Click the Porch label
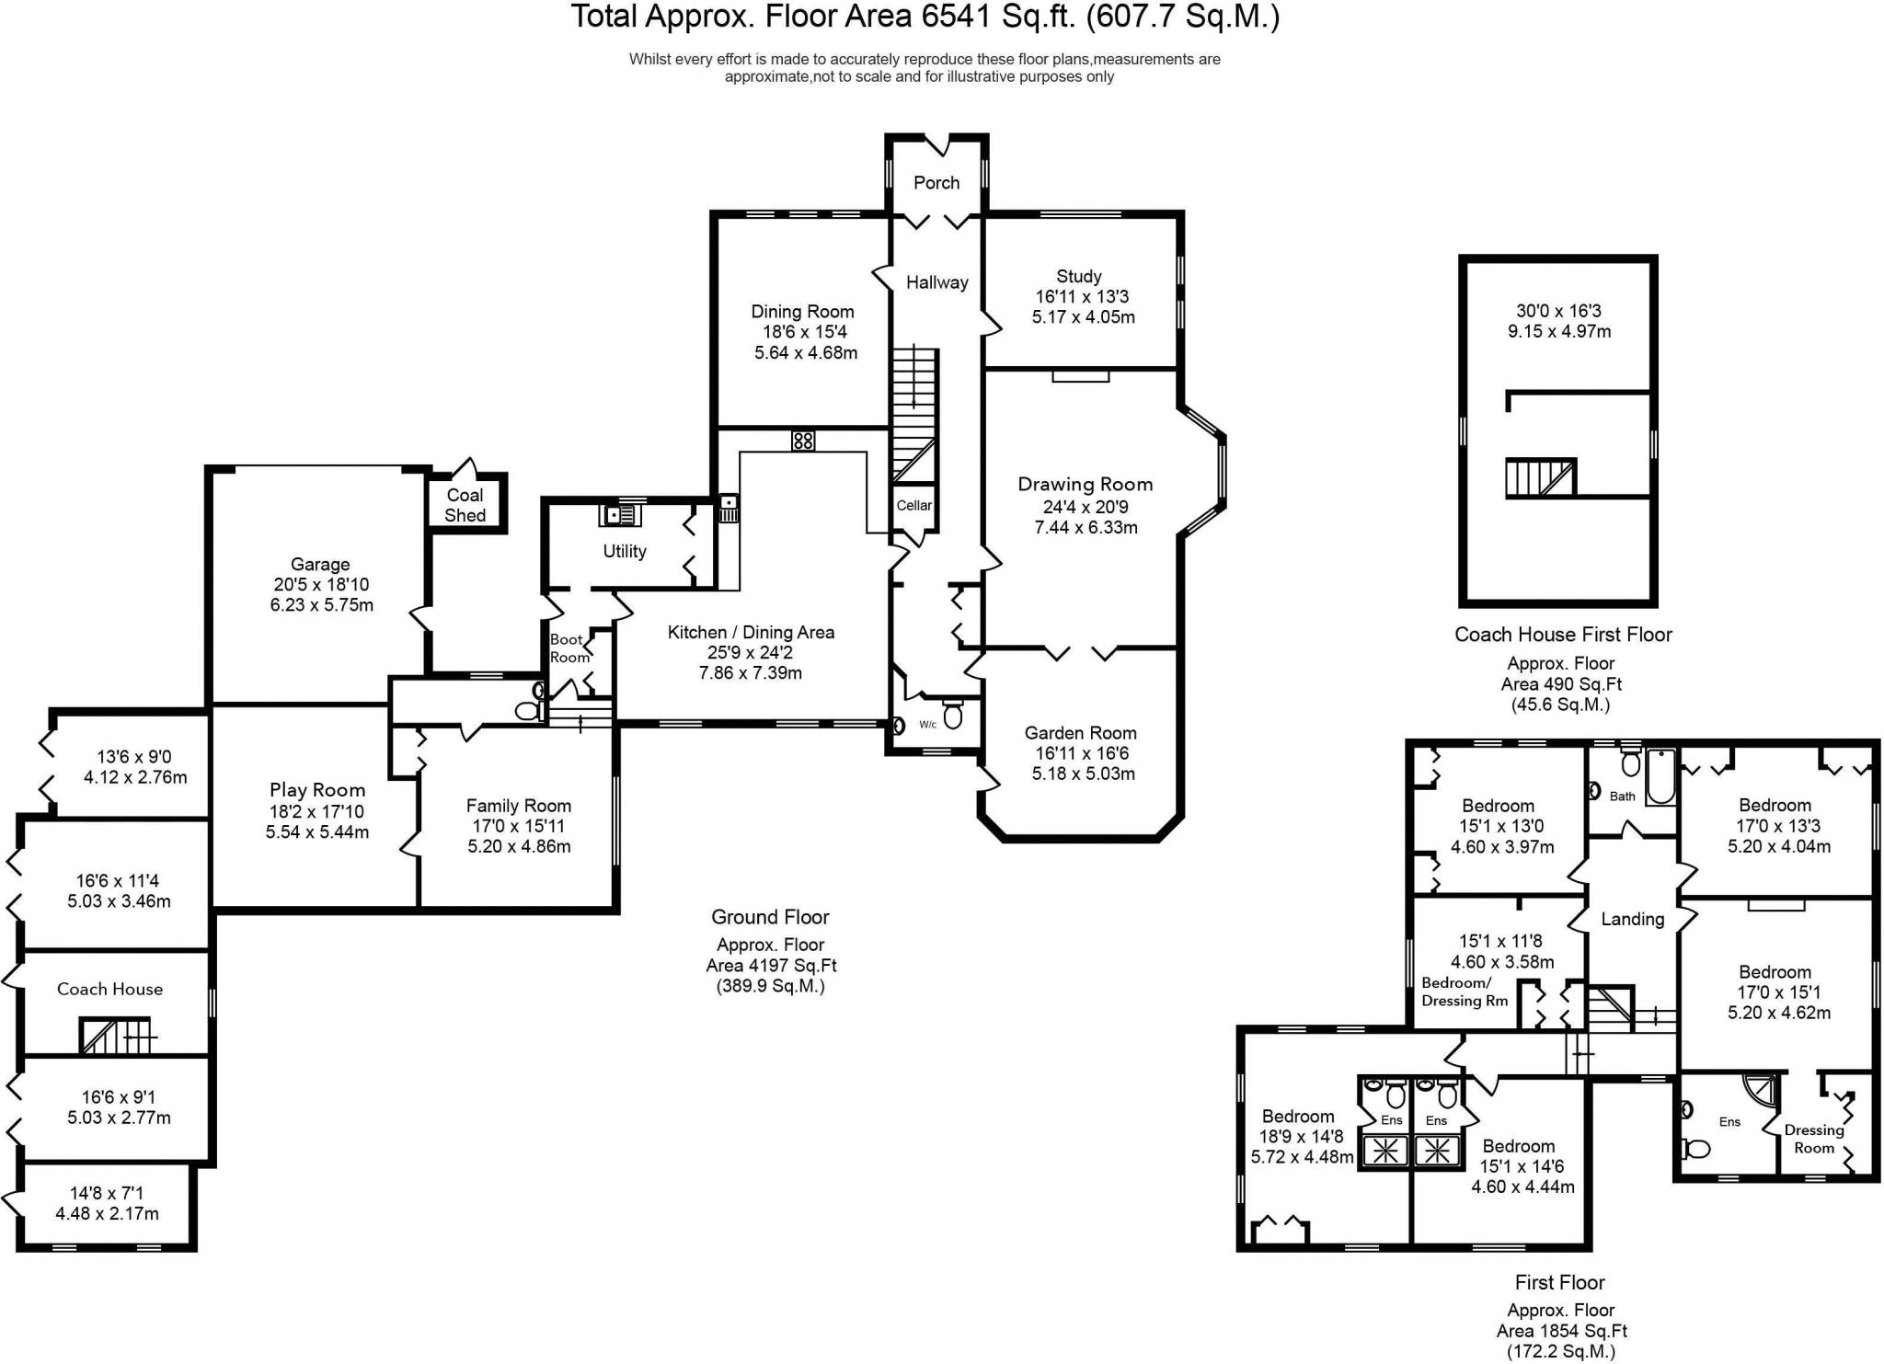936,183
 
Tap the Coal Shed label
465,505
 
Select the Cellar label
914,505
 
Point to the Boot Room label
569,648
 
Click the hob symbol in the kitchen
802,441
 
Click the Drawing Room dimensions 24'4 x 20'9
1086,507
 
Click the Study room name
1079,276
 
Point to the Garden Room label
1080,733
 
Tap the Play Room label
317,790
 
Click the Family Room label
519,806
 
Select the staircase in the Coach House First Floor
1541,478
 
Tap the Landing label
1632,919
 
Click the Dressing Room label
1814,1139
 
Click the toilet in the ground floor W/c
952,716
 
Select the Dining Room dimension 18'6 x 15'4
802,332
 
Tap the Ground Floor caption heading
770,917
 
